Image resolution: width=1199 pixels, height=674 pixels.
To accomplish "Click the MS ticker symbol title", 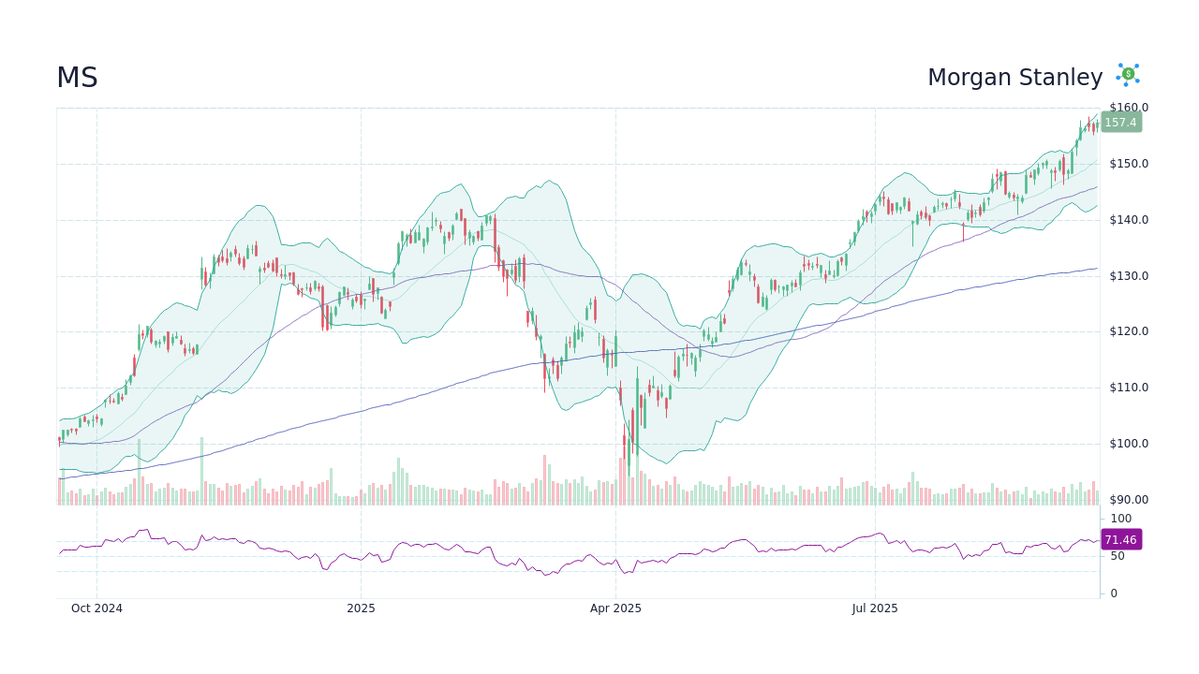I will (x=77, y=79).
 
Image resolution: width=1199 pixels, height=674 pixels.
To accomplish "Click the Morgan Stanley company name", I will (x=1014, y=78).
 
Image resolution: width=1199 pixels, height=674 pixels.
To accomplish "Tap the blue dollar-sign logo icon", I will (x=1128, y=75).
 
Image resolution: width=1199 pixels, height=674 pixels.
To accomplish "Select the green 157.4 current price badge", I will (x=1120, y=123).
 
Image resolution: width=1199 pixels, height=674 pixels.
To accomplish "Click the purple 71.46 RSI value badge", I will (x=1120, y=540).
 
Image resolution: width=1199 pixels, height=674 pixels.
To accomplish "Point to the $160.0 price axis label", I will (x=1129, y=108).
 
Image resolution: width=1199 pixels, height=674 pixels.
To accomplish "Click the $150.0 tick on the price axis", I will (x=1129, y=164).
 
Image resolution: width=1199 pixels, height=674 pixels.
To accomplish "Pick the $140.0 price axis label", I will (x=1129, y=220).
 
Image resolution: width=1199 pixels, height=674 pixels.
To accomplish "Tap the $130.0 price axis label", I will (x=1129, y=276).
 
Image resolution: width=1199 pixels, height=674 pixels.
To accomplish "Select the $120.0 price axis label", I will (x=1129, y=331).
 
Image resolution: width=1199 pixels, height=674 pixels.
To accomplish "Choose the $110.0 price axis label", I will (x=1129, y=388).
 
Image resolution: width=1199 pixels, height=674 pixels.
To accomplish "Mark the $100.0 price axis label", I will (x=1129, y=444).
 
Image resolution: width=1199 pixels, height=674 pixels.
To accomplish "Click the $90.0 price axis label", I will (x=1129, y=500).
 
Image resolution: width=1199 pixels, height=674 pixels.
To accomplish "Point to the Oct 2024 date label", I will (x=96, y=608).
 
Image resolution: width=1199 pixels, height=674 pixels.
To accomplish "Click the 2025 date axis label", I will (x=361, y=608).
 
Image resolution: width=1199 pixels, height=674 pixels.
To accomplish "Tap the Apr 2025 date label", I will (x=615, y=608).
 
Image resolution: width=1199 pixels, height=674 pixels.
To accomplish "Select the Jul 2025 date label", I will (x=875, y=608).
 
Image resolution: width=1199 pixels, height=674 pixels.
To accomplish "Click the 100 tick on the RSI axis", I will (x=1121, y=519).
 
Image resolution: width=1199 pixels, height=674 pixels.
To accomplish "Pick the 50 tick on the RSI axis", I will (x=1118, y=556).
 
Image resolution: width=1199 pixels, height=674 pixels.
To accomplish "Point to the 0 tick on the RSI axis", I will (x=1114, y=593).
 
